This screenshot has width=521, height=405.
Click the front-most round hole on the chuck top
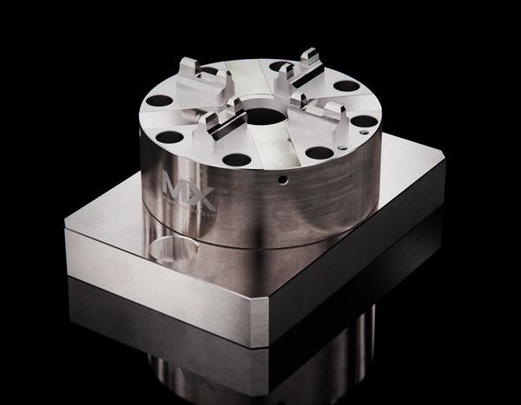[x=235, y=160]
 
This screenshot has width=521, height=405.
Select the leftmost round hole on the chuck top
[x=159, y=102]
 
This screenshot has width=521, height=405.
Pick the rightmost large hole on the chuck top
[x=365, y=121]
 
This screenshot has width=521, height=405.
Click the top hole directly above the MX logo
[x=171, y=137]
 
